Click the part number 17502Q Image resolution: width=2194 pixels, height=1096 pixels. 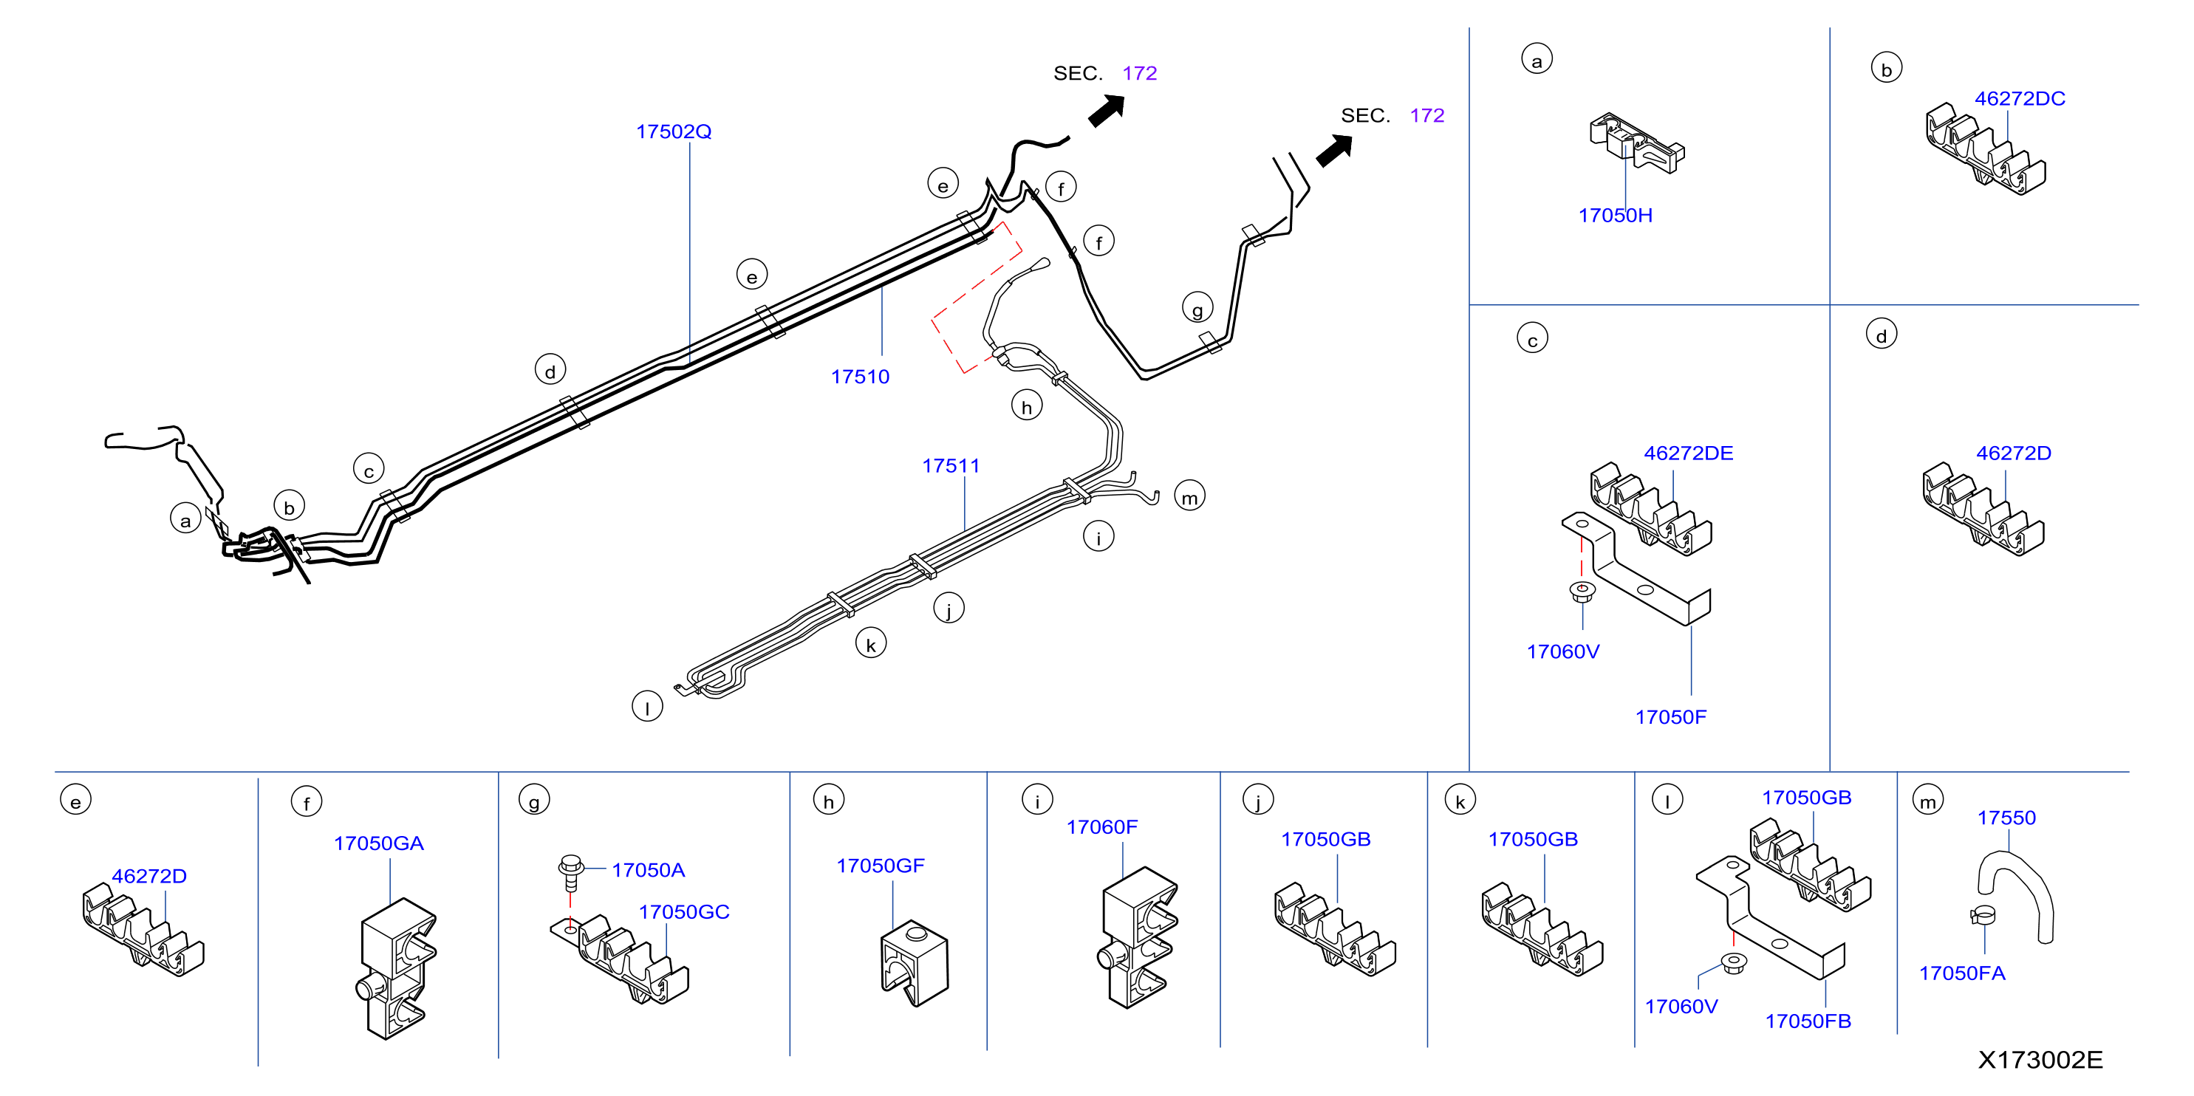coord(673,131)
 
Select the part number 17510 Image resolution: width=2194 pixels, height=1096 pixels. coord(859,377)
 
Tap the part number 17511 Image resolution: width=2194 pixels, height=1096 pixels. coord(951,466)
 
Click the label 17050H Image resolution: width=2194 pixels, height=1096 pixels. coord(1615,216)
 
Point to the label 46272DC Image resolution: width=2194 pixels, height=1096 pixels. coord(2020,99)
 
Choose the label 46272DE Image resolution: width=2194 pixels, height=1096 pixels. coord(1688,453)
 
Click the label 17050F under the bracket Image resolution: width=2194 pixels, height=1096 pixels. coord(1670,717)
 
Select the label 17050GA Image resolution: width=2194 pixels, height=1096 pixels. coord(378,843)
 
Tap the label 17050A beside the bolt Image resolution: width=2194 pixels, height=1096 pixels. coord(648,870)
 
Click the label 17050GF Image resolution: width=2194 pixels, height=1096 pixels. coord(880,866)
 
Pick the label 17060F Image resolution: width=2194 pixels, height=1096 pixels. coord(1101,827)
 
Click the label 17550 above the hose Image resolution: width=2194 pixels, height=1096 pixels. coord(2006,818)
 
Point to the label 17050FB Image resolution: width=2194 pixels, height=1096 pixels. coord(1808,1021)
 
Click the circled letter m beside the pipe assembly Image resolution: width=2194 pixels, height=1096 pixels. coord(1190,496)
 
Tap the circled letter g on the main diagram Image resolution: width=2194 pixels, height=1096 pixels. coord(1197,308)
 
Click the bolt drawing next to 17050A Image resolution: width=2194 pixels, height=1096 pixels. coord(570,873)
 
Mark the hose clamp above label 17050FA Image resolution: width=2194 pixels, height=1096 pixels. coord(1982,917)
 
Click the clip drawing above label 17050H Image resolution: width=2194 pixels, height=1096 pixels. coord(1636,143)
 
